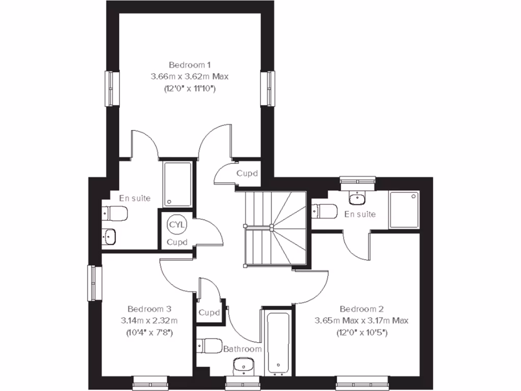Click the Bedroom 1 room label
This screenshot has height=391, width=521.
click(189, 65)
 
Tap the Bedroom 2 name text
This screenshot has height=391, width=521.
click(361, 309)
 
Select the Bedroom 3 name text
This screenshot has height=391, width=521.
click(149, 309)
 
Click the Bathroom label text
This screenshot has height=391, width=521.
click(243, 349)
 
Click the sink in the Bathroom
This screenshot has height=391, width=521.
click(242, 366)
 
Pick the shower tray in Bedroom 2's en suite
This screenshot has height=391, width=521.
click(404, 209)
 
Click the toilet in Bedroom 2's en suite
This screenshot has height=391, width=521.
click(325, 210)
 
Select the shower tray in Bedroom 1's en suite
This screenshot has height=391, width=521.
click(178, 184)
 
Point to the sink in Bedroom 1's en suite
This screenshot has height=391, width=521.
click(109, 236)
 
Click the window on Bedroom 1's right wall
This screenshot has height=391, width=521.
click(267, 89)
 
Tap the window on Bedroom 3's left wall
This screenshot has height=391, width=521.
click(94, 283)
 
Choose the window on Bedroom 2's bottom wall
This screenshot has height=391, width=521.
click(354, 381)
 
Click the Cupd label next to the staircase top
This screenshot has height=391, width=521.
click(247, 173)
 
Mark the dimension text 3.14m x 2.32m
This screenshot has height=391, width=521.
click(149, 321)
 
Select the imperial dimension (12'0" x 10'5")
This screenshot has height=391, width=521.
click(361, 332)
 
